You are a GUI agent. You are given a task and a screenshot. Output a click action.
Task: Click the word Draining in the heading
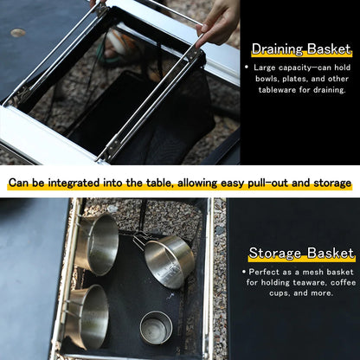(x=277, y=49)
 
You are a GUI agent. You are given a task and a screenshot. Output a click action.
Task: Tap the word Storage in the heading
(x=275, y=253)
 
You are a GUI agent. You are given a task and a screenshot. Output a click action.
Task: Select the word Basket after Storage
(x=331, y=253)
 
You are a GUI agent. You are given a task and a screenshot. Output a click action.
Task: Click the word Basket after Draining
(x=329, y=49)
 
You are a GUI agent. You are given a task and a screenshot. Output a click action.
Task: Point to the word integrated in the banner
(x=74, y=183)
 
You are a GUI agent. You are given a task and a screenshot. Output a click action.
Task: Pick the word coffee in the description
(x=344, y=282)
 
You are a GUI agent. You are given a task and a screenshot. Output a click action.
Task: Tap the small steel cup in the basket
(x=157, y=328)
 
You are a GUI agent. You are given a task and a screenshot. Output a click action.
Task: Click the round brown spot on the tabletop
(x=18, y=33)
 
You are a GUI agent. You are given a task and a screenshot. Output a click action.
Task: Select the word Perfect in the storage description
(x=264, y=272)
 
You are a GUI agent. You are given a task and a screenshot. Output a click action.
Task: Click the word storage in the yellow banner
(x=332, y=183)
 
